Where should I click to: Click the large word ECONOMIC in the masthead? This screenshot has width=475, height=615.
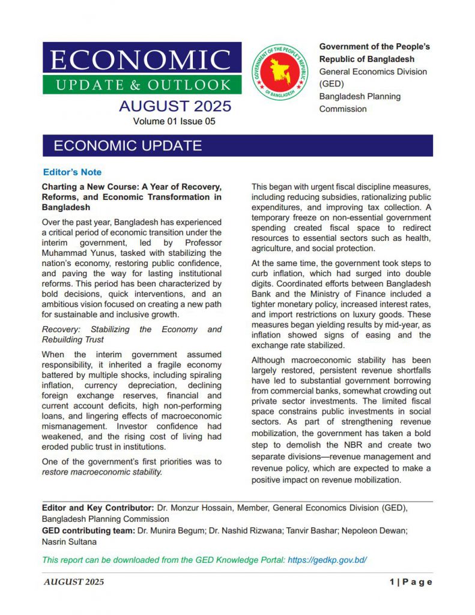point(141,60)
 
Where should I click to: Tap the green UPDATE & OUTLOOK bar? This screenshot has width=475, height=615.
point(142,85)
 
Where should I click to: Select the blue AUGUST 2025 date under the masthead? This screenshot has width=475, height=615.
point(174,106)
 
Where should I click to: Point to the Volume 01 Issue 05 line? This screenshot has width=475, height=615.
point(174,121)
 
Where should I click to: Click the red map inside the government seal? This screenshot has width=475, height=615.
point(280,71)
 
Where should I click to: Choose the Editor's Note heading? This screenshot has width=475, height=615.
point(72,172)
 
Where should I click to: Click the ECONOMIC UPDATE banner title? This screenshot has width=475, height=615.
point(127,146)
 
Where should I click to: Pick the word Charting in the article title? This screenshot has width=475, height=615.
point(61,187)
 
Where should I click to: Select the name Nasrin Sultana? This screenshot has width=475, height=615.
point(70,542)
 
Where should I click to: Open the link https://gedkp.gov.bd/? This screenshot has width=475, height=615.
point(327,560)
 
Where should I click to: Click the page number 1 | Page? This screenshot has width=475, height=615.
point(411,582)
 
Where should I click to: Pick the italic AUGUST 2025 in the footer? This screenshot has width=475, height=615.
point(74,582)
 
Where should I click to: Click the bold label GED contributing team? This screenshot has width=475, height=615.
point(88,530)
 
